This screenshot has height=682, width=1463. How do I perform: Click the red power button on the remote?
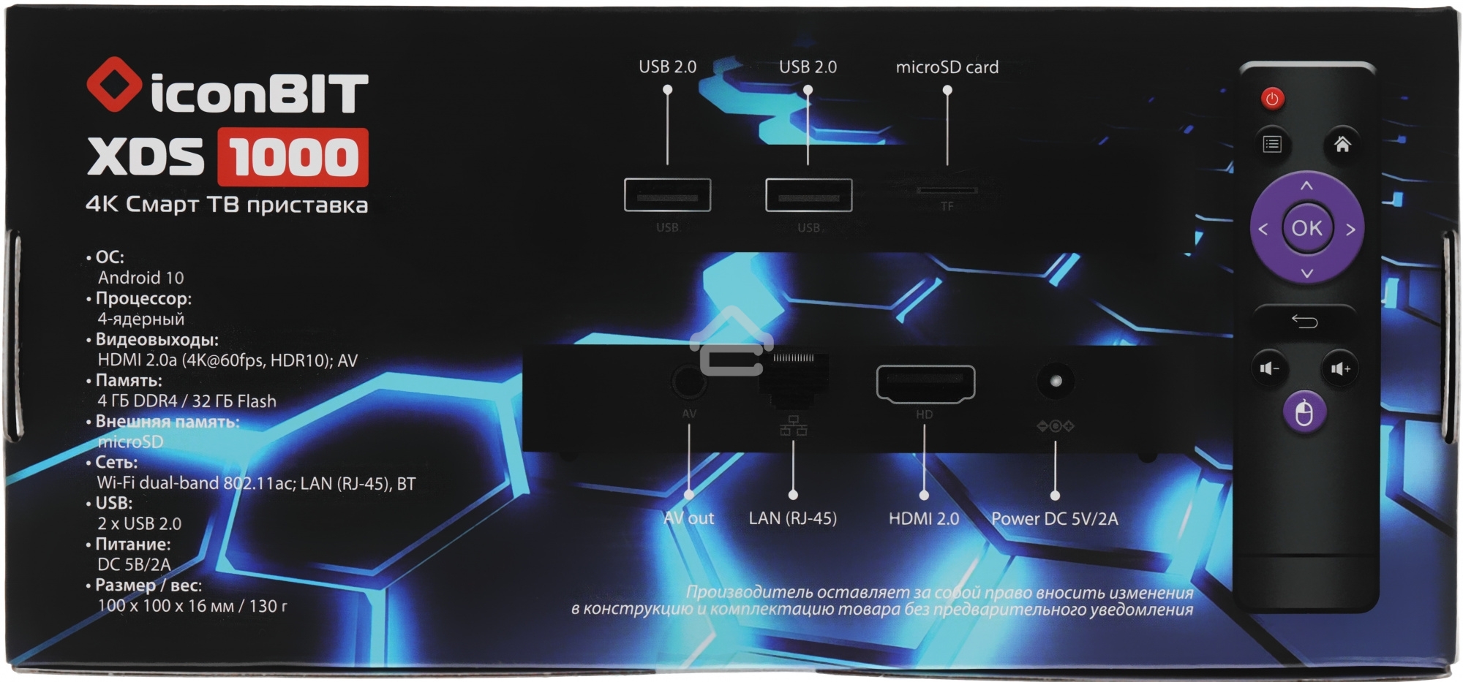click(1272, 99)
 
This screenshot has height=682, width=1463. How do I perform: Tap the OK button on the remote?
click(1306, 228)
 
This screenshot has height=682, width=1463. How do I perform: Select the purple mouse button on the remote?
click(1304, 413)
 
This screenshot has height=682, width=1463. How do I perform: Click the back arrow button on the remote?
click(1304, 322)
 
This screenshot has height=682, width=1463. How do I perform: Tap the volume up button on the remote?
click(1341, 368)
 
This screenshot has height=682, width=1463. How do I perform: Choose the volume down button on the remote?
click(1269, 368)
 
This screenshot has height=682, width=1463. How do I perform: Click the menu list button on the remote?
click(1272, 144)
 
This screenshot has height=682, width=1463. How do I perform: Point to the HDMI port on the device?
click(925, 384)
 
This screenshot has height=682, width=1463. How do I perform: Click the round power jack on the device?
click(1056, 381)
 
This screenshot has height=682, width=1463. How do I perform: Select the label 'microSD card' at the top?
click(947, 67)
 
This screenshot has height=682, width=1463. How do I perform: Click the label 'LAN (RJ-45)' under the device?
click(792, 518)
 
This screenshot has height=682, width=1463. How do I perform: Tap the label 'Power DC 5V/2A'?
click(1054, 518)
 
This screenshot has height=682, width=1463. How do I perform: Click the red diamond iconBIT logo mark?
click(114, 85)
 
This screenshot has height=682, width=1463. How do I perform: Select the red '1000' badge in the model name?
click(293, 157)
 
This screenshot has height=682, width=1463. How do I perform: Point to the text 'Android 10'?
click(140, 278)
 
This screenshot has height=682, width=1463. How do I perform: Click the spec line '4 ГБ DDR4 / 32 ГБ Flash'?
click(187, 401)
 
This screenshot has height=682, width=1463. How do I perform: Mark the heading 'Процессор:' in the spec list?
click(143, 299)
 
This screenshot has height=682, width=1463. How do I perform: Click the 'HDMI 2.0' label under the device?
click(923, 518)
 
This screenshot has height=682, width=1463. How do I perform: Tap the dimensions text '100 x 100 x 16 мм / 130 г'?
click(192, 606)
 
